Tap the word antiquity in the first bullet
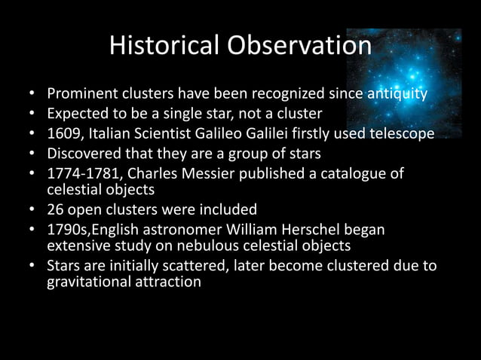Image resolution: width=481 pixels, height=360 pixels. (x=397, y=96)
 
